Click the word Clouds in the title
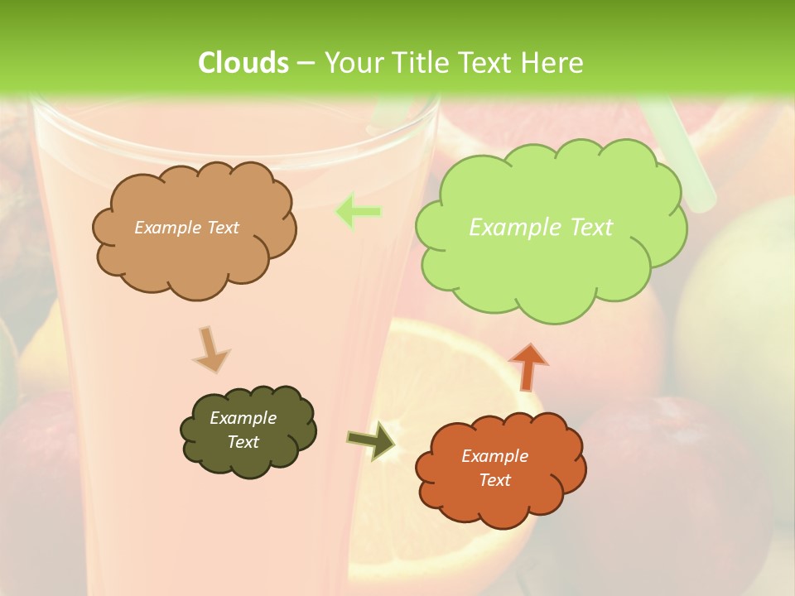point(243,63)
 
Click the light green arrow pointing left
point(358,212)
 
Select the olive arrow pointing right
point(370,441)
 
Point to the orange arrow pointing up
point(528,367)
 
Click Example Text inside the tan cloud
point(186,228)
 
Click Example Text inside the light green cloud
point(541,227)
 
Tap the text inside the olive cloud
point(243,430)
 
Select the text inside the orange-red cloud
point(494,468)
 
